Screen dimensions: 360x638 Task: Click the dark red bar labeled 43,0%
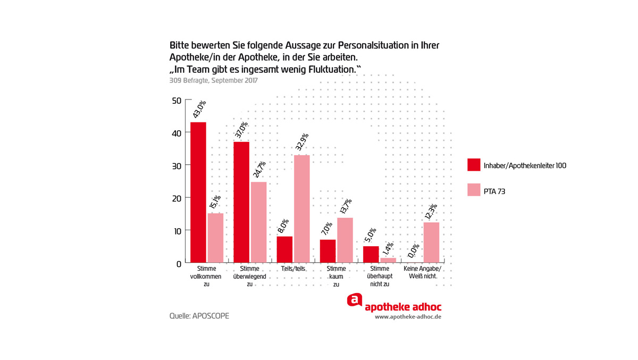pyautogui.click(x=198, y=192)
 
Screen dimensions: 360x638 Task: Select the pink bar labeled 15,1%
pyautogui.click(x=215, y=238)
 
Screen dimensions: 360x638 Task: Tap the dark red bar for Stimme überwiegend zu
pyautogui.click(x=241, y=202)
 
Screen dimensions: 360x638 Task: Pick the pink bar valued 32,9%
pyautogui.click(x=301, y=208)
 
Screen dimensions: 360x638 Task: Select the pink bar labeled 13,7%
pyautogui.click(x=345, y=240)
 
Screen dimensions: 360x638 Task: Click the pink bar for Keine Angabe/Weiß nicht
pyautogui.click(x=431, y=242)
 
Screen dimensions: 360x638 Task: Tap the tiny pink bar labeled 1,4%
pyautogui.click(x=388, y=260)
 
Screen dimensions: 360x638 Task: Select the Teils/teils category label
pyautogui.click(x=292, y=269)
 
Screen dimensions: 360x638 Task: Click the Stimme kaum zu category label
pyautogui.click(x=336, y=277)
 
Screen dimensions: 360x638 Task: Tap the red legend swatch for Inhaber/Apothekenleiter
pyautogui.click(x=474, y=165)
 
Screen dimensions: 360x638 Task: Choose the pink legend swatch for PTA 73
pyautogui.click(x=474, y=190)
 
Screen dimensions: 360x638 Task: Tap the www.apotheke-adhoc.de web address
pyautogui.click(x=408, y=316)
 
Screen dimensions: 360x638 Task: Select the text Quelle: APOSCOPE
pyautogui.click(x=199, y=316)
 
